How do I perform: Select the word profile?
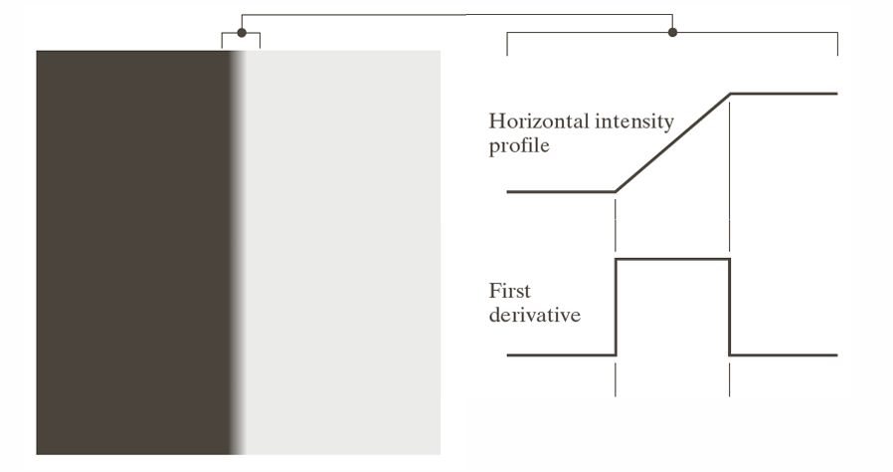(519, 147)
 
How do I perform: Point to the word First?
(509, 292)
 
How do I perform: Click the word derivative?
(534, 316)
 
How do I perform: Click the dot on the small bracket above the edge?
(241, 33)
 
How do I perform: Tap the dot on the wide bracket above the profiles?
(672, 33)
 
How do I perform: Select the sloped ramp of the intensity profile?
(673, 141)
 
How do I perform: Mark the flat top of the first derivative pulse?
(673, 259)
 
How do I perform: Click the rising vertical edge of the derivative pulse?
(617, 307)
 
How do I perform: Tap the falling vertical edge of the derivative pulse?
(730, 307)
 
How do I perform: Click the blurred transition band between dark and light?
(238, 249)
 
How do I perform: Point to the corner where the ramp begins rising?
(617, 190)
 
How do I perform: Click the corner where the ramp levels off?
(730, 94)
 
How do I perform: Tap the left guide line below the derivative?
(617, 381)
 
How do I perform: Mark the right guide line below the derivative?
(730, 381)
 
